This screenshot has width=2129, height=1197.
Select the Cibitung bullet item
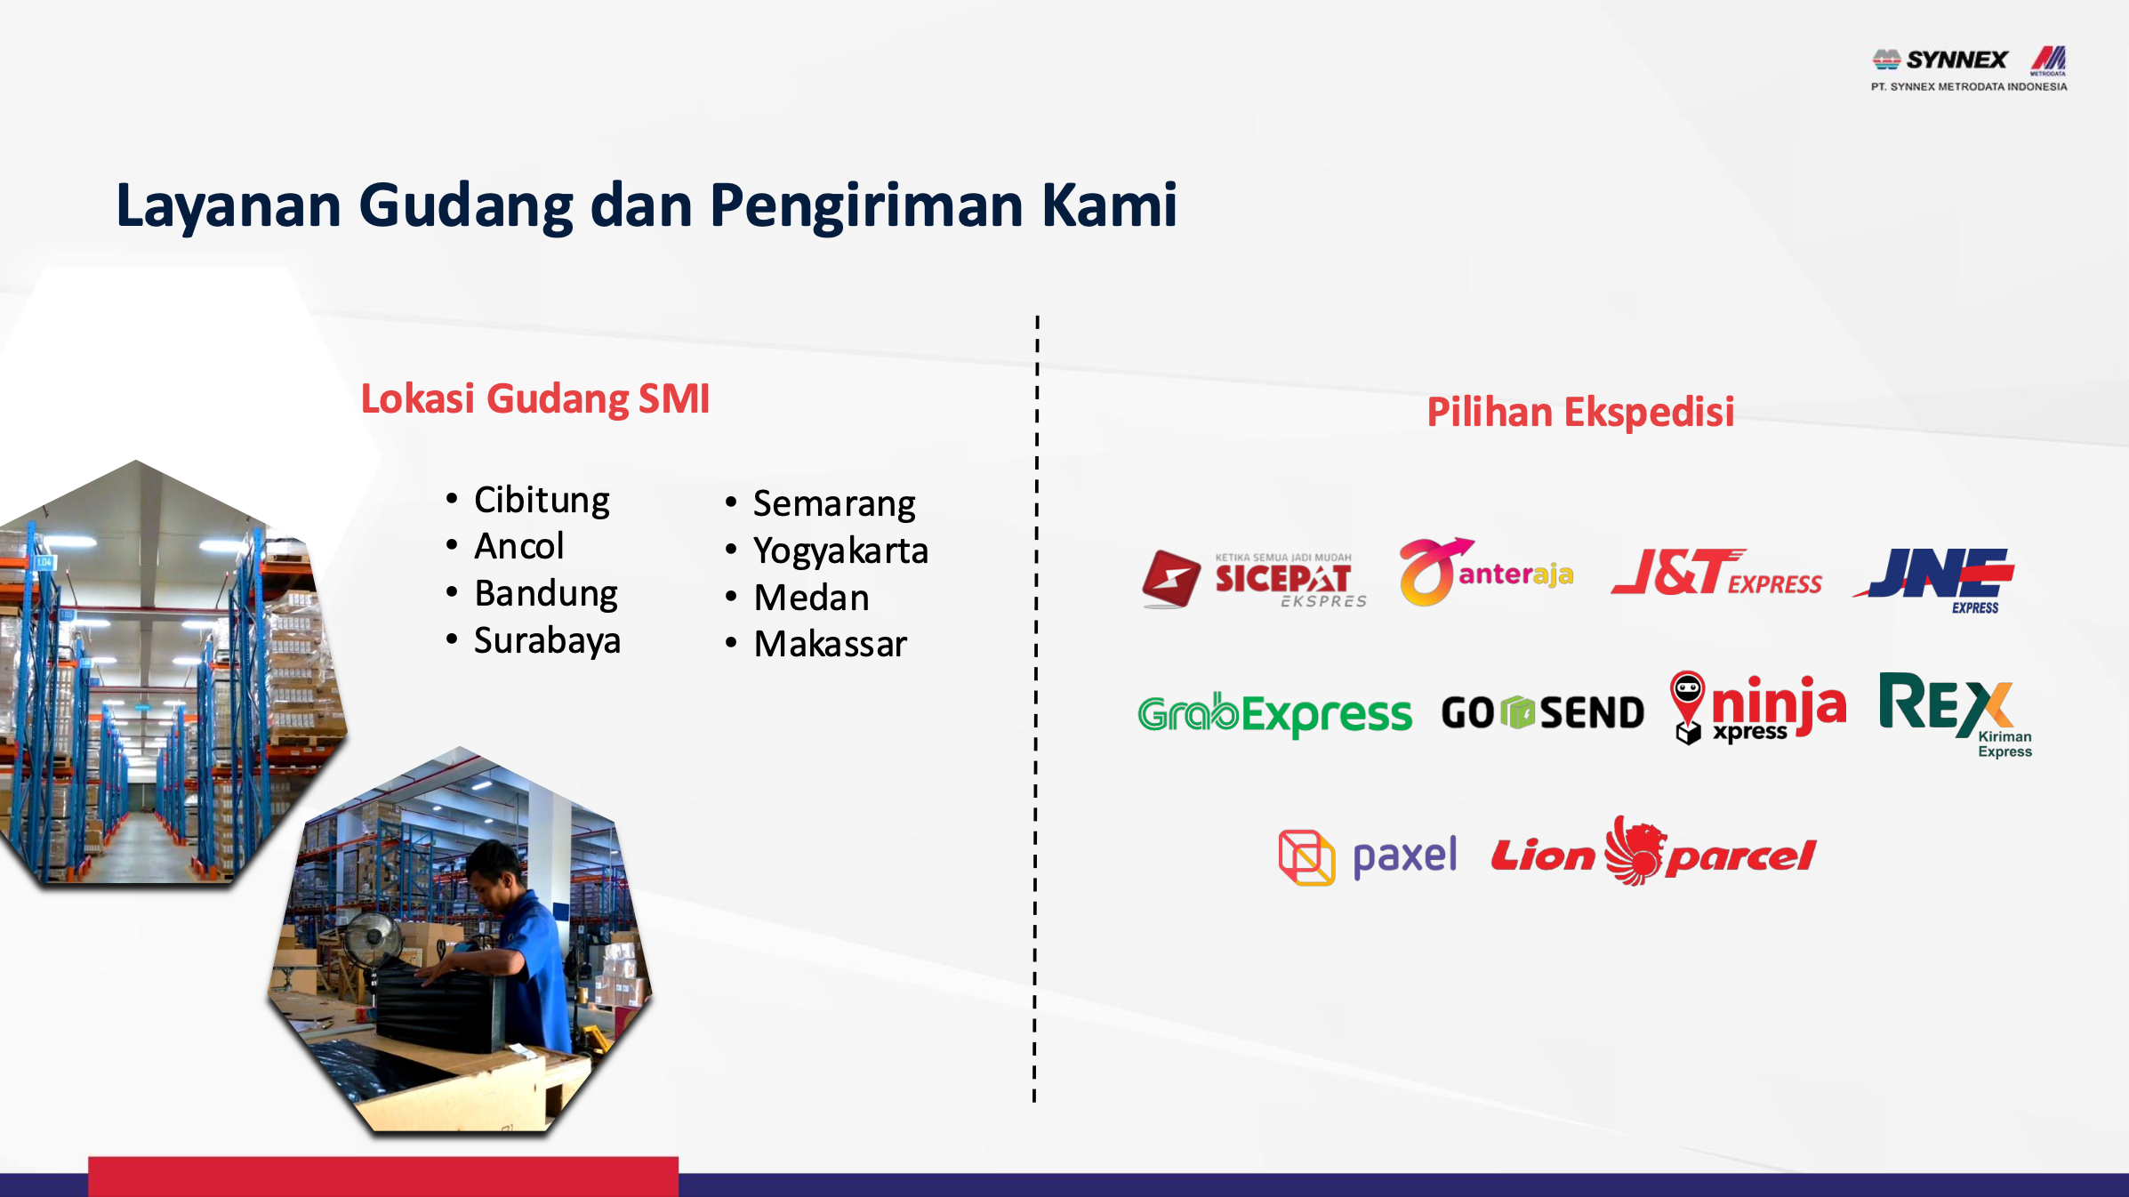point(542,500)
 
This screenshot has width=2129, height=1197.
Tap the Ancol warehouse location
point(519,546)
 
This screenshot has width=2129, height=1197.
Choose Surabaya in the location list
point(547,640)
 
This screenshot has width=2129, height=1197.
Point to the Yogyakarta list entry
point(840,551)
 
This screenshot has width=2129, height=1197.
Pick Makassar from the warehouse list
point(831,644)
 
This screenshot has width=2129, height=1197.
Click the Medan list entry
point(811,598)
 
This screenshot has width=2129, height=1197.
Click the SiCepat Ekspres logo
point(1254,579)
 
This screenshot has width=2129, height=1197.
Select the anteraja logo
point(1486,573)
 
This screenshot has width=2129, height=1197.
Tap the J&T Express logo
point(1716,572)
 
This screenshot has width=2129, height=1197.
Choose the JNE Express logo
point(1934,580)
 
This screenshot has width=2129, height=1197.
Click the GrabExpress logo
point(1274,714)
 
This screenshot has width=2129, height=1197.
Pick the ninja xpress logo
point(1757,708)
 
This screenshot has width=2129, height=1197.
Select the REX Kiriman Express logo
point(1956,715)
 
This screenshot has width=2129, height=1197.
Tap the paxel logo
point(1368,857)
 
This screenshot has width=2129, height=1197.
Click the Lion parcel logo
point(1653,852)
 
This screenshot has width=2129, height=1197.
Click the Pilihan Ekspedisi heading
point(1580,413)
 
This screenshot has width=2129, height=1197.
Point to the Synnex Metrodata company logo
point(1969,68)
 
